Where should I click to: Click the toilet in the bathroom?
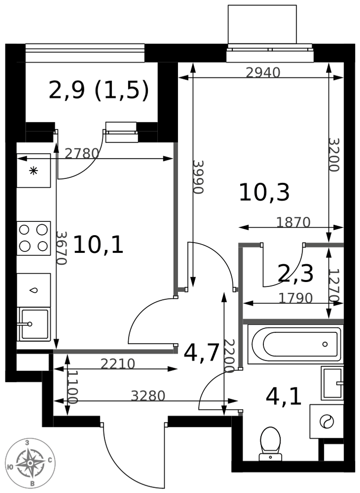[x=270, y=443]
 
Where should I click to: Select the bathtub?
[x=295, y=344]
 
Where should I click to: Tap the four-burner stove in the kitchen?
[x=34, y=238]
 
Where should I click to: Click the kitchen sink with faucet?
[x=34, y=324]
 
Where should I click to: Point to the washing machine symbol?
[x=326, y=422]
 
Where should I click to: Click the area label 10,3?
[x=264, y=192]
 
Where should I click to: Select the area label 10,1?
[x=98, y=245]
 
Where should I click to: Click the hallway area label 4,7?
[x=201, y=353]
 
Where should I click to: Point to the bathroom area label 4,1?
[x=284, y=397]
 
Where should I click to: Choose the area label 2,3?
[x=296, y=274]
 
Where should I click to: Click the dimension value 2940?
[x=263, y=73]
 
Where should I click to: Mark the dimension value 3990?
[x=199, y=177]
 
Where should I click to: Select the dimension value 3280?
[x=148, y=396]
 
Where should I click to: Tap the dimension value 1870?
[x=293, y=222]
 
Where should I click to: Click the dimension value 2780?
[x=82, y=153]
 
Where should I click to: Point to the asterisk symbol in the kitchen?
[x=34, y=171]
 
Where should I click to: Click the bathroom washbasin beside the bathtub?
[x=332, y=383]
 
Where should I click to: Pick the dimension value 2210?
[x=117, y=364]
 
